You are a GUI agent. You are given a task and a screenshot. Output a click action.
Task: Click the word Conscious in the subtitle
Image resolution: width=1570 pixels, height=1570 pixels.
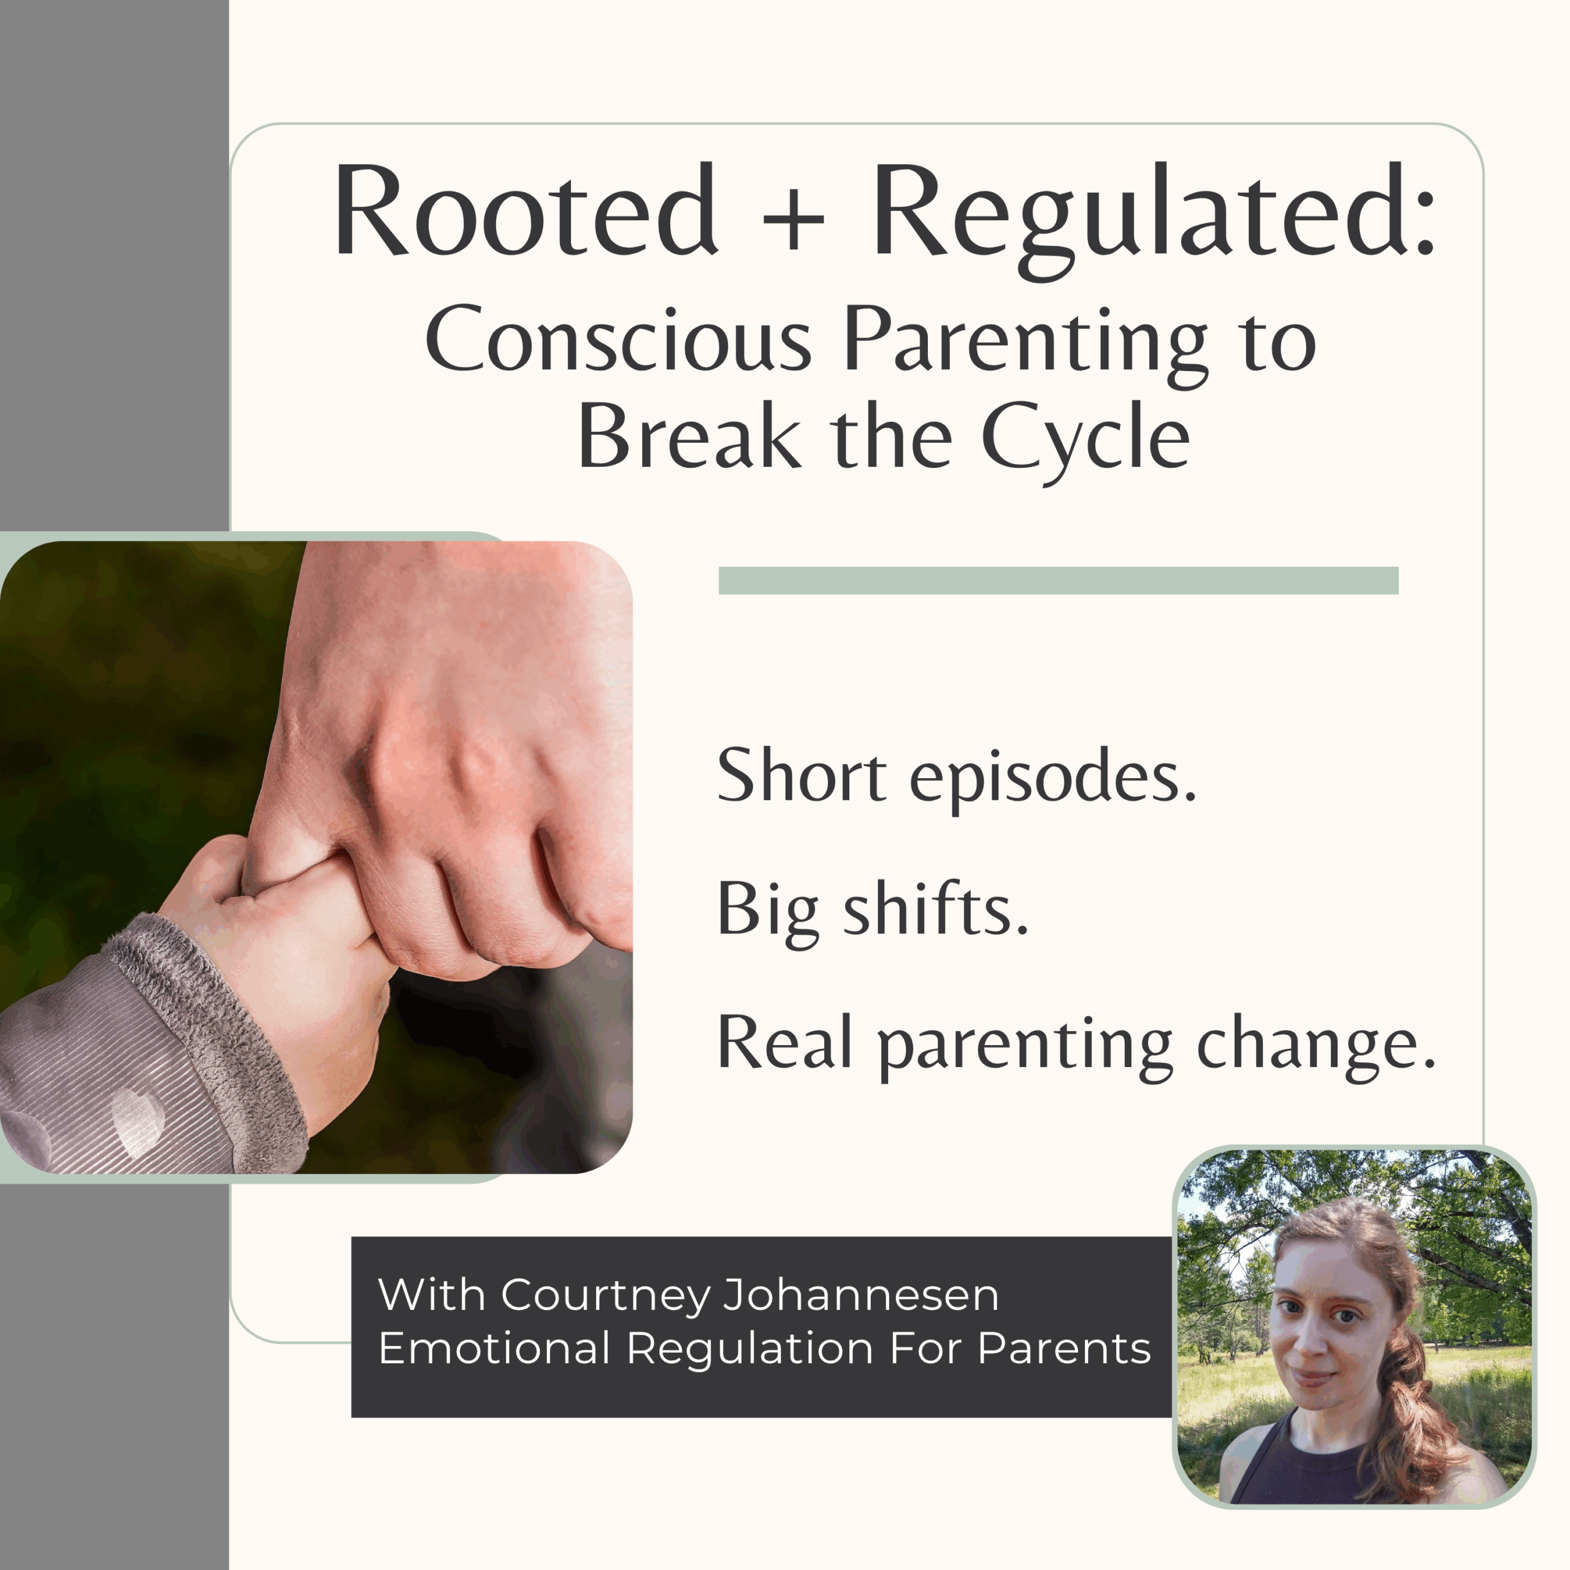click(618, 339)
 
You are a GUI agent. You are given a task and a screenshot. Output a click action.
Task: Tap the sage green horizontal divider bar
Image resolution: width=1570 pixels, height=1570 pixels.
click(1058, 580)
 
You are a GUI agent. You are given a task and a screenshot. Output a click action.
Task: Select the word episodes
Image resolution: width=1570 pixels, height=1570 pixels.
click(1052, 778)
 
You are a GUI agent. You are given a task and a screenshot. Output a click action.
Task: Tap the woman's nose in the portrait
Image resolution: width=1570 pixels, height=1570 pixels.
click(1317, 1346)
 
